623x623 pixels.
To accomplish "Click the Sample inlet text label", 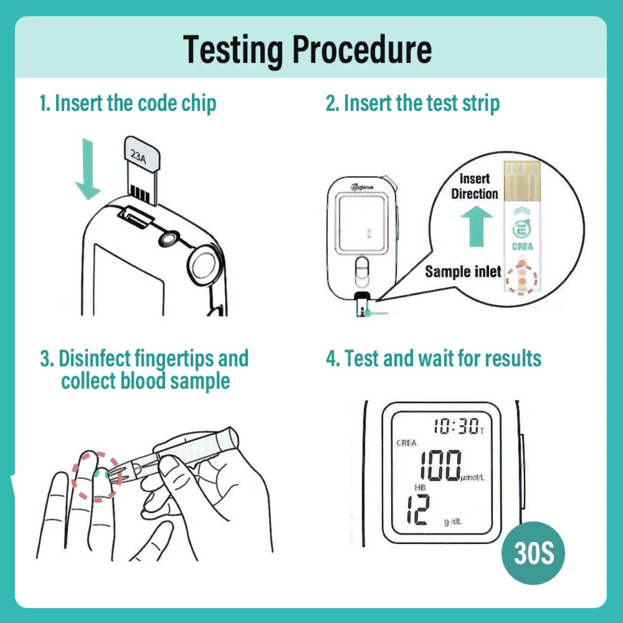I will click(463, 272).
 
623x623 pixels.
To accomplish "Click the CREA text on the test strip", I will click(522, 247).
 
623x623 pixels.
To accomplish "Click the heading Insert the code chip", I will click(128, 103).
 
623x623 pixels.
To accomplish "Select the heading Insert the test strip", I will click(412, 103).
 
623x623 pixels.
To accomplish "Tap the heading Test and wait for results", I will click(434, 358).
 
